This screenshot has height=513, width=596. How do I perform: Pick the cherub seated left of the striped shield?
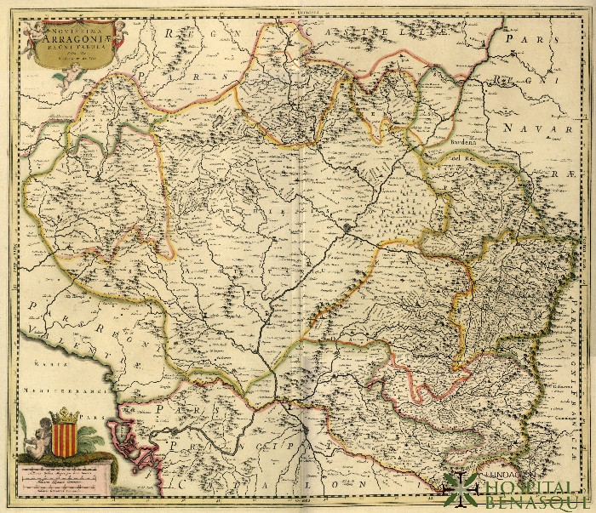click(38, 438)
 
